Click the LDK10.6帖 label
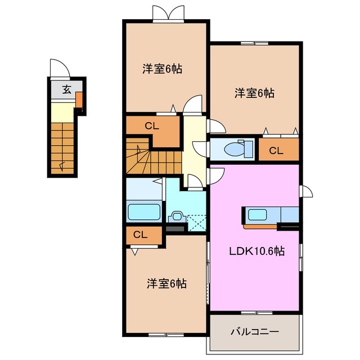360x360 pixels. coord(255,251)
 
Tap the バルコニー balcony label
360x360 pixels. coord(254,332)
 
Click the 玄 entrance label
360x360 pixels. coord(66,89)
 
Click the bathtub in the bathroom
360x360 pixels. coord(145,212)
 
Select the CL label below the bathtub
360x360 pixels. coord(141,235)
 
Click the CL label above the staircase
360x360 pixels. coord(152,126)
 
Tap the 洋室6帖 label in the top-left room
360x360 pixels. coord(162,69)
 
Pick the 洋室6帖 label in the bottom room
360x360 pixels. coord(167,283)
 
